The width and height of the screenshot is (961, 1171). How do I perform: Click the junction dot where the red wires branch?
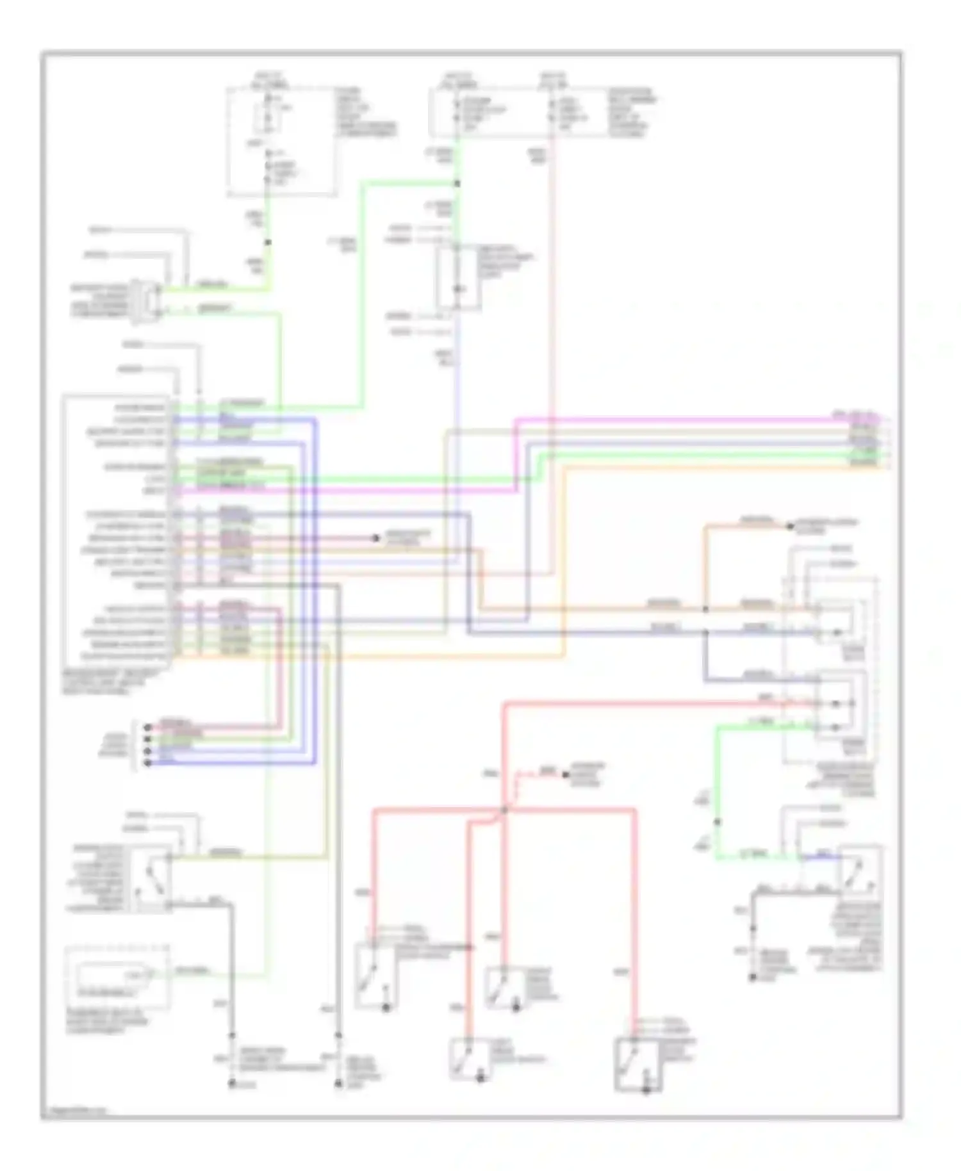(x=504, y=810)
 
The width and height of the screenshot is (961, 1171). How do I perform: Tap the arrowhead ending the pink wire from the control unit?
(x=376, y=538)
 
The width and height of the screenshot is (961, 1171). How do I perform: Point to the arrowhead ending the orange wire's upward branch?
(x=790, y=527)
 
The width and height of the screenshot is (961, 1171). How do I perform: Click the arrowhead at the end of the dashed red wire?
(x=565, y=775)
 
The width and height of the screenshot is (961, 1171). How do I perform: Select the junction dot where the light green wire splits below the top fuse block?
(x=457, y=184)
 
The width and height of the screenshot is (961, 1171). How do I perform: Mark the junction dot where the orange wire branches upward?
(x=705, y=609)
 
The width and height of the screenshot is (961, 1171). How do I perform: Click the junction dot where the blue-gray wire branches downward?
(x=705, y=632)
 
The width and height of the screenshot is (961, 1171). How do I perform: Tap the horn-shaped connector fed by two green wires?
(x=146, y=299)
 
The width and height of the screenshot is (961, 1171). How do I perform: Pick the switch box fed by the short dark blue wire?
(x=860, y=870)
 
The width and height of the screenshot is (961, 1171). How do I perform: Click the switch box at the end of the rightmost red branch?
(x=638, y=1064)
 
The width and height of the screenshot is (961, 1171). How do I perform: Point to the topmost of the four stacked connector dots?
(x=147, y=727)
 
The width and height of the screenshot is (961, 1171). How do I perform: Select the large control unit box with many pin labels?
(x=117, y=532)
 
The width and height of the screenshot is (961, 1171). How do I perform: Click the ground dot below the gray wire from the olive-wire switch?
(x=232, y=1084)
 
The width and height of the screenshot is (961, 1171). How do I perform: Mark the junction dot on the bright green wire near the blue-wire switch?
(x=717, y=822)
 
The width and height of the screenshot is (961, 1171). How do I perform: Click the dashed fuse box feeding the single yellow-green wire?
(x=282, y=141)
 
